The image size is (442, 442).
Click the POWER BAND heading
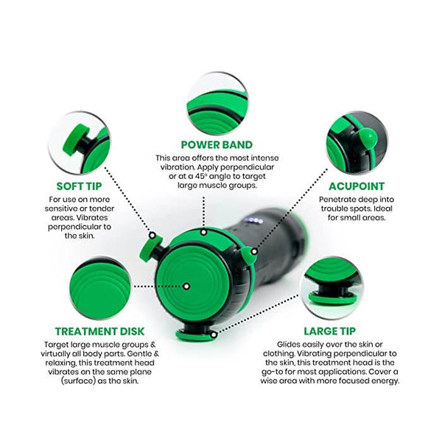coord(217,144)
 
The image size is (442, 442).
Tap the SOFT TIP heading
coord(79,186)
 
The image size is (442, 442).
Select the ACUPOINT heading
coord(357,186)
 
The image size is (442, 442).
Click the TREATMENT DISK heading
coord(99,331)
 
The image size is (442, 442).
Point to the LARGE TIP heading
coord(329,331)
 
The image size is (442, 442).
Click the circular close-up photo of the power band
coord(217,103)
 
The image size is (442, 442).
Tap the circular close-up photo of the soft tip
coord(80,143)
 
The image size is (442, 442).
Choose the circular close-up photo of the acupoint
coord(357,143)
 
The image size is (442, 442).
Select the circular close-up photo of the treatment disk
coord(100,288)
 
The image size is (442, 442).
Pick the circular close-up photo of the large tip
coord(331,288)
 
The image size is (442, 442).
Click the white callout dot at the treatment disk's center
coord(186,287)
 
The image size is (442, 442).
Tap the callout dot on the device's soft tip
coord(152,235)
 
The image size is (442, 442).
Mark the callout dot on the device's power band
coord(203,232)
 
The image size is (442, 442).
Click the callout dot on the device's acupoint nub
coord(254,251)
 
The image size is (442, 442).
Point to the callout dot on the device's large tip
coord(214,335)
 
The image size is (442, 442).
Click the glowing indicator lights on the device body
coord(254,221)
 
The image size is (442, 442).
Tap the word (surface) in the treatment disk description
coord(77,381)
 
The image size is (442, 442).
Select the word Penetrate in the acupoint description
coord(335,200)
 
